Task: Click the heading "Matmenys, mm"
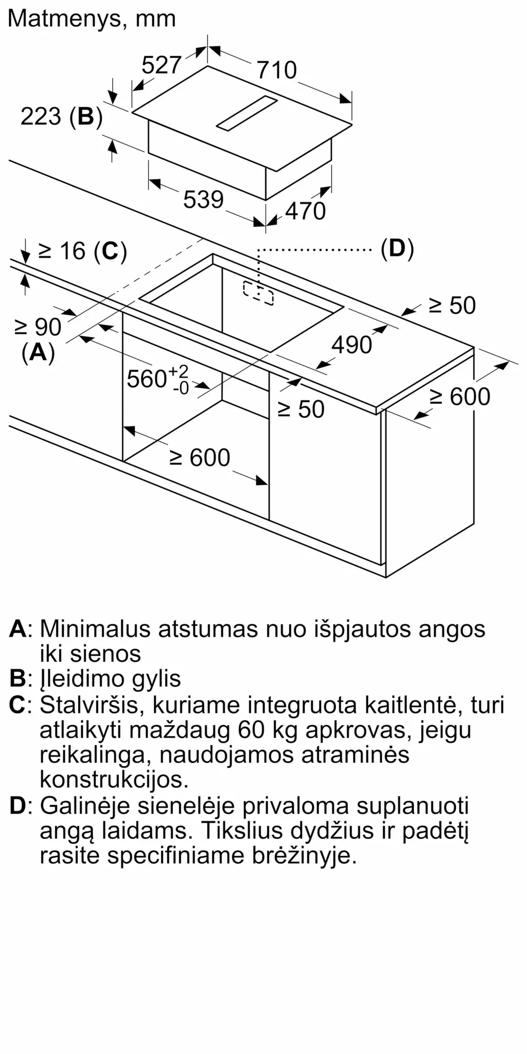point(92,19)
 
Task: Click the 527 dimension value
point(161,65)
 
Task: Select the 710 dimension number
point(277,70)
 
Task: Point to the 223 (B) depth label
point(61,116)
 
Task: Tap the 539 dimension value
point(203,199)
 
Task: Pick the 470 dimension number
point(306,211)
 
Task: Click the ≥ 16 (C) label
point(83,251)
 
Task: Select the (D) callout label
point(397,248)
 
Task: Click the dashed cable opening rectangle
point(258,293)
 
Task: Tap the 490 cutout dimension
point(352,345)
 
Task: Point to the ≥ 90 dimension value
point(38,327)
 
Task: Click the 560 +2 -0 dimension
point(158,379)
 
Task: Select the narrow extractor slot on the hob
point(246,113)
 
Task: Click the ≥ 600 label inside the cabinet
point(200,457)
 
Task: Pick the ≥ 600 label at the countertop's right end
point(460,397)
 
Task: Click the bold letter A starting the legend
point(17,629)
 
